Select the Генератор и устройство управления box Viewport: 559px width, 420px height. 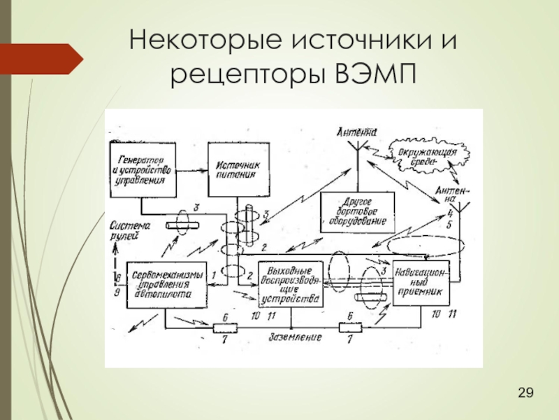point(142,169)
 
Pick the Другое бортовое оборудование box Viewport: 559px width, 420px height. point(357,211)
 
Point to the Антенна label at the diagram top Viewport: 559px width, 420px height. point(357,131)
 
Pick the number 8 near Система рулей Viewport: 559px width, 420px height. point(118,279)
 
